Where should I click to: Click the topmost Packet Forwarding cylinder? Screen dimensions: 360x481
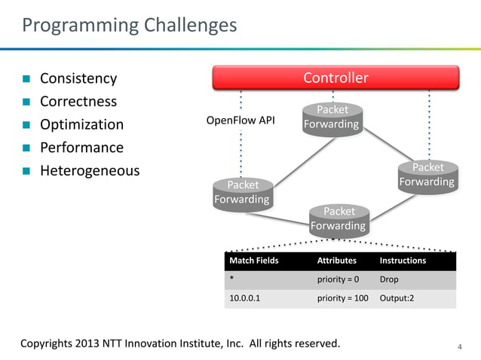point(331,117)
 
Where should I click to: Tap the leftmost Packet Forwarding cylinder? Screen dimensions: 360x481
point(242,193)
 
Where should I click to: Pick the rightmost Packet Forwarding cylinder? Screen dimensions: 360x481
point(427,175)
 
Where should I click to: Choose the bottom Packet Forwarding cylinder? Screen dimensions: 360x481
point(338,219)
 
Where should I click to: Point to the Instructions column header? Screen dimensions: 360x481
point(403,261)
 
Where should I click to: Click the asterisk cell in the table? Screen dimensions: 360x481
point(231,279)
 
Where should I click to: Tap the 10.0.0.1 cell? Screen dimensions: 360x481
point(246,298)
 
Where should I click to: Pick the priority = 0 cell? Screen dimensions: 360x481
point(338,279)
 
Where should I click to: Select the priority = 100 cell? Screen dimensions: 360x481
point(342,298)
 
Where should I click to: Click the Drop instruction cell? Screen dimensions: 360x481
point(389,279)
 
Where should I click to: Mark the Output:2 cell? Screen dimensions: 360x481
point(397,298)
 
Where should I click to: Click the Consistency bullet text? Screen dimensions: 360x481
point(78,78)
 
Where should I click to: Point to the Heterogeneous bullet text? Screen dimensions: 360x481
point(90,171)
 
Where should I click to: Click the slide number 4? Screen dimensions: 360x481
point(460,346)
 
